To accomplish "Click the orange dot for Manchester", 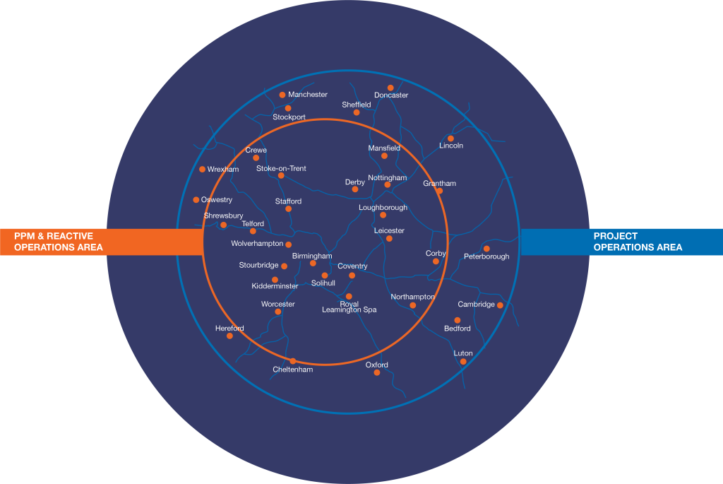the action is [282, 95].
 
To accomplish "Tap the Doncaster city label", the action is [391, 95].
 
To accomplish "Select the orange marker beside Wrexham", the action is [202, 170].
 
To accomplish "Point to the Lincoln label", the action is [451, 146].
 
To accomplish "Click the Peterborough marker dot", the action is [486, 249].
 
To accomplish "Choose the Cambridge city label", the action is [476, 304].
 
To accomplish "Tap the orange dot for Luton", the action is [463, 362].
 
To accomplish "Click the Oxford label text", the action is [377, 365].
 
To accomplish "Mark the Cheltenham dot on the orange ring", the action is [293, 361].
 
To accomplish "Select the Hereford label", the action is [229, 328].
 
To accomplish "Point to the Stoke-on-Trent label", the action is [281, 168].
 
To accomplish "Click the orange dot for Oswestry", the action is [196, 200].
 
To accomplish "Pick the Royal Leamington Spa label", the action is [349, 307].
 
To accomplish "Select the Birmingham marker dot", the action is [313, 264].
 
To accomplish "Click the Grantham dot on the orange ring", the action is [439, 191].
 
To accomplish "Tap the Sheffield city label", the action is [357, 105].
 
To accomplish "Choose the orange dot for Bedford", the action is [457, 320].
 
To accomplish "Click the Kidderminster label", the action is [275, 286].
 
